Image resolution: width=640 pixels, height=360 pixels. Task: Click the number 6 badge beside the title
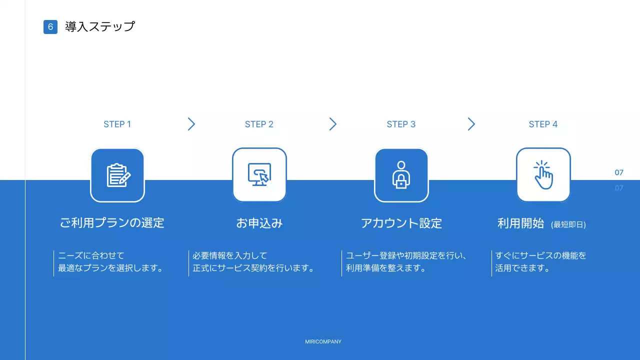pos(50,27)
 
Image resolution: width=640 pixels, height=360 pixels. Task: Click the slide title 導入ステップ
pos(100,27)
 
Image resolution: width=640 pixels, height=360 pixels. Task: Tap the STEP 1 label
pos(117,124)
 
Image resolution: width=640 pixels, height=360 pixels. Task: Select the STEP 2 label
pos(259,124)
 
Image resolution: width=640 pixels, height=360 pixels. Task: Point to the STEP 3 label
pos(401,124)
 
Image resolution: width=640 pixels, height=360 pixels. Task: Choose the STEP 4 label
pos(543,124)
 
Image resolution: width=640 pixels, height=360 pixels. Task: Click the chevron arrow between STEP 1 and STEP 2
pos(191,124)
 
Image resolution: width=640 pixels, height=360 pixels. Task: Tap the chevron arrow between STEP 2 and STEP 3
pos(333,124)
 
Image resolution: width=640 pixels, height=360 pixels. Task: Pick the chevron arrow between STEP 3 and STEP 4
pos(471,124)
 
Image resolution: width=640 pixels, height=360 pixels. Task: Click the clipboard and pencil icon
pos(118,175)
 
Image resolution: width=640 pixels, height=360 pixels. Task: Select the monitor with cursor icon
pos(259,175)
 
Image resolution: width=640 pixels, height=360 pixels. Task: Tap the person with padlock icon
pos(401,175)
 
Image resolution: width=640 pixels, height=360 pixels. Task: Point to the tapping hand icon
pos(543,175)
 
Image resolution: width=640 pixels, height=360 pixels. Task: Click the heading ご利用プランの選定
pos(112,223)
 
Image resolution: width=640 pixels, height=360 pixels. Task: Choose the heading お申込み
pos(259,223)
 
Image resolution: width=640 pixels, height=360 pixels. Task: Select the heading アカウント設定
pos(401,223)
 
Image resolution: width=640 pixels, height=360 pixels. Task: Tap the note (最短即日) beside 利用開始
pos(568,225)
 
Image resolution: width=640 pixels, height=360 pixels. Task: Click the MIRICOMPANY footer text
pos(323,342)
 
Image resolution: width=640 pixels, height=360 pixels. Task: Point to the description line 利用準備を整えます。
pos(386,268)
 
